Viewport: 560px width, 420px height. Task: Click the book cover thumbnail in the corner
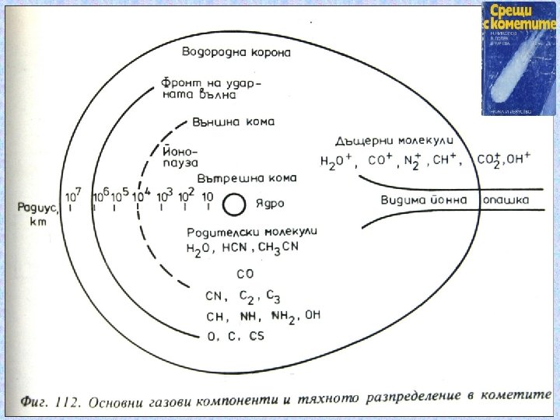(x=516, y=60)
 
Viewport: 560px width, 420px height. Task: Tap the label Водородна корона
(x=236, y=53)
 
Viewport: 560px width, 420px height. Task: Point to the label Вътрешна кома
(x=247, y=178)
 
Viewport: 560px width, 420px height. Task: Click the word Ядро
(x=270, y=205)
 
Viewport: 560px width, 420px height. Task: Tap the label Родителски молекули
(x=252, y=232)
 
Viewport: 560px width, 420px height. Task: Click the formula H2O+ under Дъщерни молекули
(x=337, y=162)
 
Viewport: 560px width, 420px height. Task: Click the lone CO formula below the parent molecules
(x=244, y=274)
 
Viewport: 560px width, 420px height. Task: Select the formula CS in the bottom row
(x=256, y=335)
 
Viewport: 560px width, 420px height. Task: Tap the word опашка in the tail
(x=505, y=201)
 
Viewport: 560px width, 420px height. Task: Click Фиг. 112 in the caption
(x=49, y=404)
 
